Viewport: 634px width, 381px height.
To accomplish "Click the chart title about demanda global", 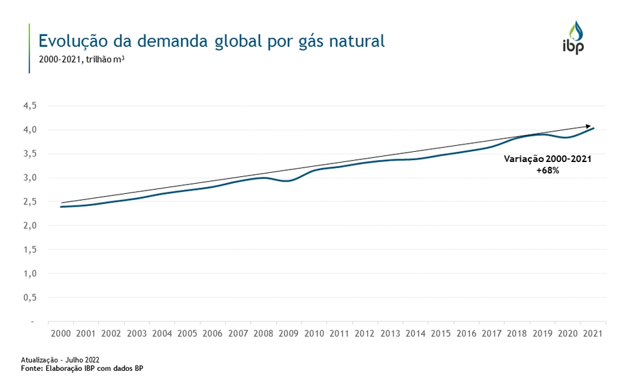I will click(x=211, y=41).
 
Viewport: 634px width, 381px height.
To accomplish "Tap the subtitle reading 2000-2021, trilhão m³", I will click(x=81, y=60).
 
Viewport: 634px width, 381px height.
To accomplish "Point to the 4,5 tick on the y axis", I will click(x=30, y=106).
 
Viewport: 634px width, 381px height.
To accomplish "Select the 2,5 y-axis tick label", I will click(x=30, y=201).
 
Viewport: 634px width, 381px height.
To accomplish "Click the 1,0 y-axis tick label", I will click(x=30, y=273).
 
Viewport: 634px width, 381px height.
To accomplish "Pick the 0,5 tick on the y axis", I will click(x=30, y=297).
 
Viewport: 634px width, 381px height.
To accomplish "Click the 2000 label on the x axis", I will click(x=60, y=334).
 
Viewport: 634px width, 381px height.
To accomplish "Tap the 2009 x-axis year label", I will click(x=289, y=334).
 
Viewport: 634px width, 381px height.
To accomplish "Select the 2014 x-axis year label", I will click(x=415, y=334).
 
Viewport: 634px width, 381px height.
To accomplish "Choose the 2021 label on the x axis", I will click(x=593, y=334).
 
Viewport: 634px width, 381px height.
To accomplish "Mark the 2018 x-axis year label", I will click(x=517, y=334).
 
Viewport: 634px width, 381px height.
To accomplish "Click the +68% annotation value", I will click(x=547, y=171).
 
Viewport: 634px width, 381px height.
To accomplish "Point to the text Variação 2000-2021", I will click(x=547, y=159).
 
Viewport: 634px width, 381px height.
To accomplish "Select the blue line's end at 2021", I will click(x=594, y=128).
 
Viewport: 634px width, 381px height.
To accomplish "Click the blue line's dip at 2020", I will click(x=568, y=138).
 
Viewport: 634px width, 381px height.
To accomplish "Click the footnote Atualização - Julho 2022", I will click(x=60, y=359).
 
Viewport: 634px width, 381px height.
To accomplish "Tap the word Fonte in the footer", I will click(x=31, y=368).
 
